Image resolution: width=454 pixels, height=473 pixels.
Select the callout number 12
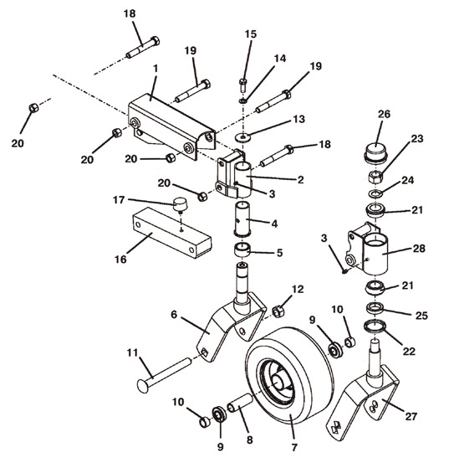pos(297,289)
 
